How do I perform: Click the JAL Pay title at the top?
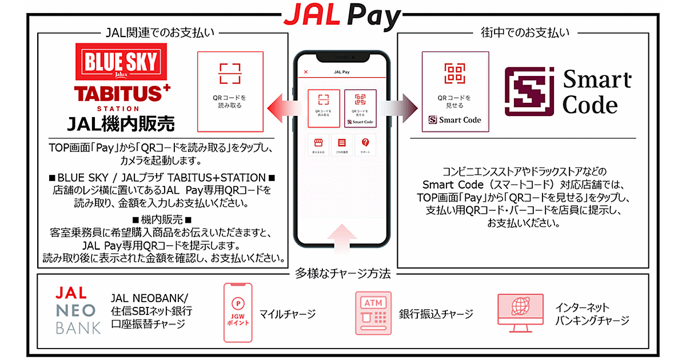pos(342,17)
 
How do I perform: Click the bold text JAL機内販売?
pos(121,123)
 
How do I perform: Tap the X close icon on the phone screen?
pos(306,72)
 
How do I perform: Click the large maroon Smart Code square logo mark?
pos(529,91)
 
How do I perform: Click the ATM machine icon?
pos(373,313)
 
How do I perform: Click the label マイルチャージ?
pos(287,314)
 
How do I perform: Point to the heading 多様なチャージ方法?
pos(342,274)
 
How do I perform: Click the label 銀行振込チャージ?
pos(436,314)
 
